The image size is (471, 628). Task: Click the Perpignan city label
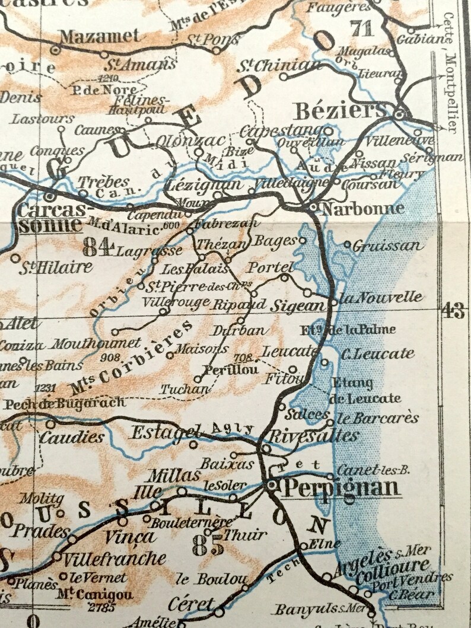(340, 488)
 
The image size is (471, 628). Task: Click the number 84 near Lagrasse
(98, 246)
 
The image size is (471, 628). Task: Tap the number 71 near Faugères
(363, 28)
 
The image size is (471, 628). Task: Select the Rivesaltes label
(314, 436)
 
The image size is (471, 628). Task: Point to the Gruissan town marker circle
(348, 244)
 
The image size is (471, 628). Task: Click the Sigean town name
(298, 306)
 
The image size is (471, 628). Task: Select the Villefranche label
(114, 558)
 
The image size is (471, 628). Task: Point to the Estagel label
(171, 433)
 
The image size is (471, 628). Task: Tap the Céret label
(190, 605)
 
